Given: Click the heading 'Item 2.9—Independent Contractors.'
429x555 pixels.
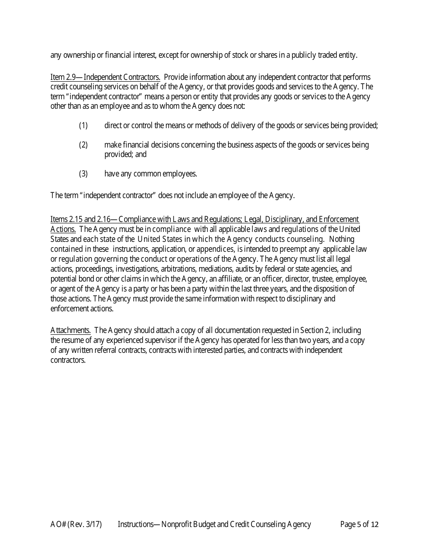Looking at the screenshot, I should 105,77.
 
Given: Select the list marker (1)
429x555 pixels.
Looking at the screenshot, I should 83,125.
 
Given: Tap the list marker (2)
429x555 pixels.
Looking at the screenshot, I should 83,145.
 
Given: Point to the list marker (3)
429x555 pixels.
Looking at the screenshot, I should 83,173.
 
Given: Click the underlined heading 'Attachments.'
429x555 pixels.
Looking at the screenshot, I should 70,330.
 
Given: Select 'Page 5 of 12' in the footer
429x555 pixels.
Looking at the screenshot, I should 359,524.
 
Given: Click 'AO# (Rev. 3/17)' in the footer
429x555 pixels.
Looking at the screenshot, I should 76,524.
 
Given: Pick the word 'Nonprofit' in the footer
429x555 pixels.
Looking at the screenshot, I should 177,524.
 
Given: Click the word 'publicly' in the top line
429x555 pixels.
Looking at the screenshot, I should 307,55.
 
